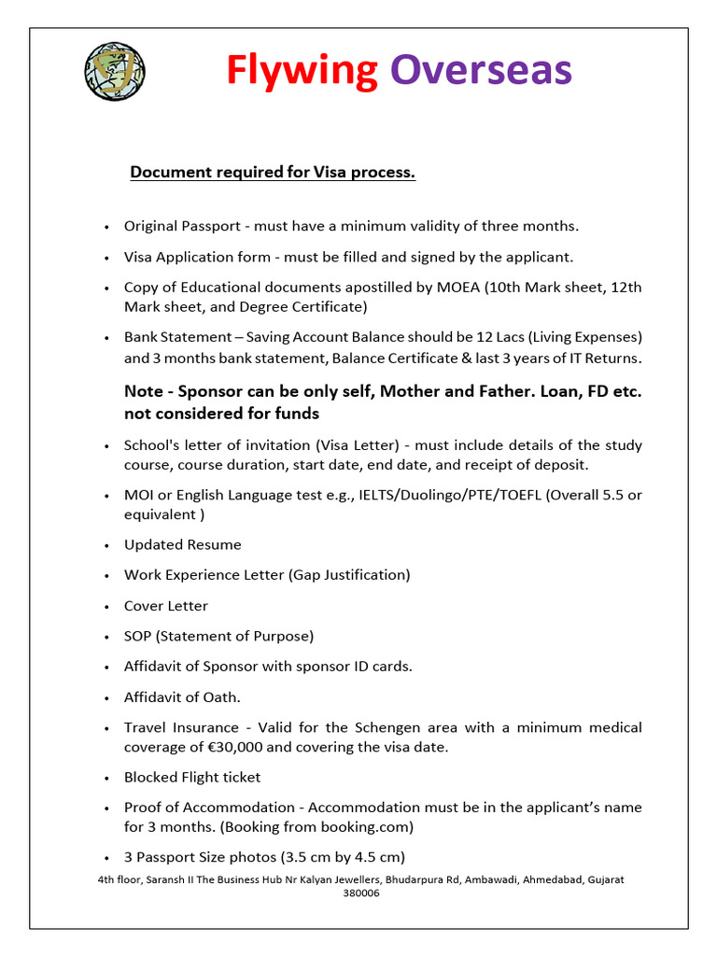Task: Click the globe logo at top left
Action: click(115, 71)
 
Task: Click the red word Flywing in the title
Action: click(302, 70)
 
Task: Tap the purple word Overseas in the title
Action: click(481, 70)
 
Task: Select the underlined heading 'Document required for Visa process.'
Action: click(272, 173)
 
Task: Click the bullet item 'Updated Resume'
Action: click(182, 545)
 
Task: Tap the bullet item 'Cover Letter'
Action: click(166, 606)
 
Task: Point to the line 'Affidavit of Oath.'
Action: click(182, 697)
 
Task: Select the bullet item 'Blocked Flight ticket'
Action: click(192, 778)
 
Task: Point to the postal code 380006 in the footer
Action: click(361, 893)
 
